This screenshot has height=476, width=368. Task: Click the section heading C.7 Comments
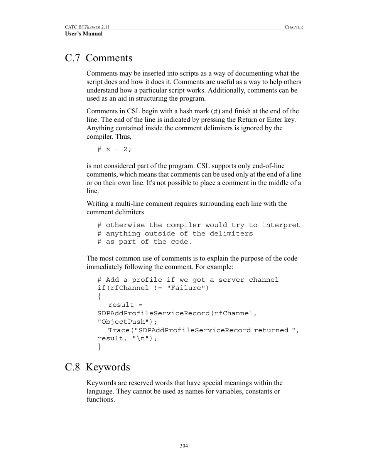coord(98,58)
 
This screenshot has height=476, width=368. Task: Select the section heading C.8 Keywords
coord(97,367)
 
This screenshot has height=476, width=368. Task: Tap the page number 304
coord(184,446)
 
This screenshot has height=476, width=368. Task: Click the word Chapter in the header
coord(294,27)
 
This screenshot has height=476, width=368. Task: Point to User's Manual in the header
coord(84,34)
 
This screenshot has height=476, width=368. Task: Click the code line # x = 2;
coord(115,149)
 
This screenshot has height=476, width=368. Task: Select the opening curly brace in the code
coord(99,296)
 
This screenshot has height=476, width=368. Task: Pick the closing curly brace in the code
coord(99,347)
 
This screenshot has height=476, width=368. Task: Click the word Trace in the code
coord(118,330)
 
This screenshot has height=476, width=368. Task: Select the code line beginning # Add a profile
coord(188,280)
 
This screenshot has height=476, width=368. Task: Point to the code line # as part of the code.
coord(145,242)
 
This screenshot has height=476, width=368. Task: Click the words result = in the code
coord(125,305)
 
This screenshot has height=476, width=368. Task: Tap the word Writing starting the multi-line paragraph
coord(98,204)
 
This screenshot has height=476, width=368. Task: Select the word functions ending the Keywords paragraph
coord(100,400)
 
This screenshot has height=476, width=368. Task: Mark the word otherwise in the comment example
coord(125,225)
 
